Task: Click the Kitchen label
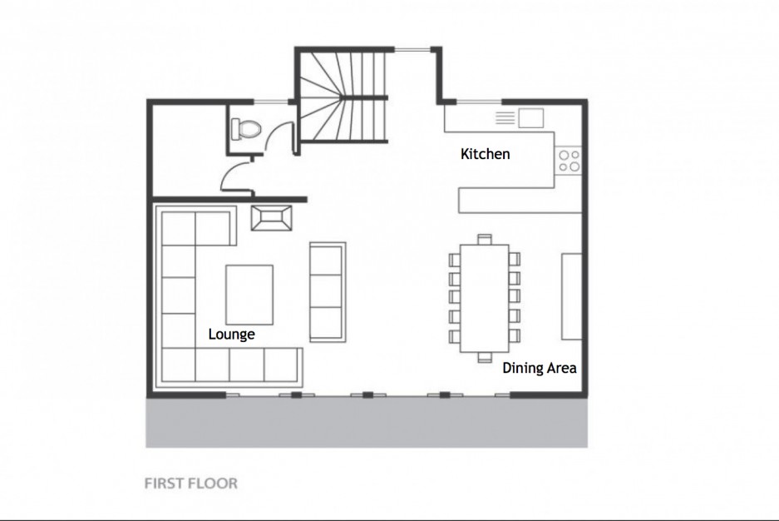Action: pyautogui.click(x=485, y=154)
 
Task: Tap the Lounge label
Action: pyautogui.click(x=231, y=334)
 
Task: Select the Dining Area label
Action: pyautogui.click(x=540, y=368)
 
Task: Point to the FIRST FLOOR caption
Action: pyautogui.click(x=190, y=484)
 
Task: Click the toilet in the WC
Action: pyautogui.click(x=245, y=129)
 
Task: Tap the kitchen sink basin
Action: pyautogui.click(x=531, y=118)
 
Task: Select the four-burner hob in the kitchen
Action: pyautogui.click(x=569, y=161)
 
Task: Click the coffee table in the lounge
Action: pyautogui.click(x=249, y=295)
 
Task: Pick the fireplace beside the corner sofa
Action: pyautogui.click(x=271, y=218)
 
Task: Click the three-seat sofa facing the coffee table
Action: pyautogui.click(x=328, y=292)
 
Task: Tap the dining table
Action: pyautogui.click(x=485, y=298)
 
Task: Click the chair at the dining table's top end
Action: pyautogui.click(x=485, y=239)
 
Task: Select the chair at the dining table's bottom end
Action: pyautogui.click(x=485, y=357)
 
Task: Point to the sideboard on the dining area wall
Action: pyautogui.click(x=572, y=296)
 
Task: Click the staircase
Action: pyautogui.click(x=342, y=95)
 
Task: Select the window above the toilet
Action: pyautogui.click(x=271, y=102)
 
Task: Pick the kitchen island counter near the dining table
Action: pyautogui.click(x=520, y=201)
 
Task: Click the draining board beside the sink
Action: pyautogui.click(x=505, y=118)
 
